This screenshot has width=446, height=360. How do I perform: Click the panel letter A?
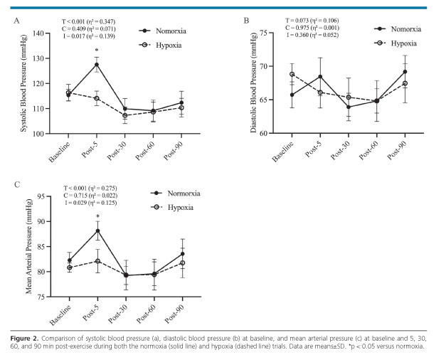point(16,21)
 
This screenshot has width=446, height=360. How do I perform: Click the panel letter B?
point(246,21)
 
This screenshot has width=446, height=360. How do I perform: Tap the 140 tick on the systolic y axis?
point(43,33)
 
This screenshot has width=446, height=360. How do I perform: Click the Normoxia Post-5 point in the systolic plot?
point(97,64)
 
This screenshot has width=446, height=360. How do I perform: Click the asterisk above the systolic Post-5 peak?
point(97,51)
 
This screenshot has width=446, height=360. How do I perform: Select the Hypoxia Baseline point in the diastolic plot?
point(292,74)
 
